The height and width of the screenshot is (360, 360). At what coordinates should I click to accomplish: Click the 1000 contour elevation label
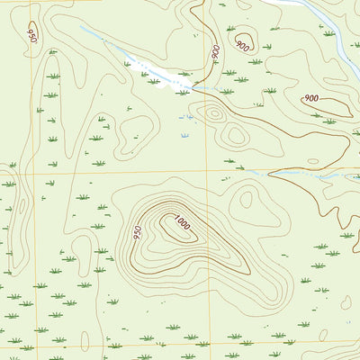(183, 223)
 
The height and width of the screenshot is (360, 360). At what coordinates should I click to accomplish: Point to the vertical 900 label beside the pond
(216, 53)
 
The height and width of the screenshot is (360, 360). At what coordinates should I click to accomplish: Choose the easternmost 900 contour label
(311, 98)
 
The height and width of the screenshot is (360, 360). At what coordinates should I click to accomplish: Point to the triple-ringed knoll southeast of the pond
(213, 113)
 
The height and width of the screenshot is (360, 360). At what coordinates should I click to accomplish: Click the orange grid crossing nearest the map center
(207, 170)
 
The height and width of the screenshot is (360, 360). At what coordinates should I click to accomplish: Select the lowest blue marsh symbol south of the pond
(184, 135)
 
